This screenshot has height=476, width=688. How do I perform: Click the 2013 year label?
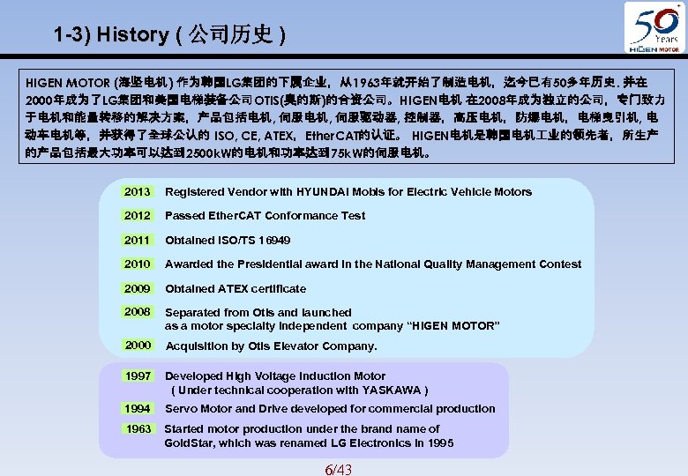pos(138,191)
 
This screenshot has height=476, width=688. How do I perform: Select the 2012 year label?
pos(138,215)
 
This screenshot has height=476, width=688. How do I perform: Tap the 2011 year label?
pos(138,240)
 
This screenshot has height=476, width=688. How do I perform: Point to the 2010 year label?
pos(138,264)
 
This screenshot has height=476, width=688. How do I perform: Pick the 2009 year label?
pos(138,288)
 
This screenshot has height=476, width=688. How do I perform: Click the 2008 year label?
pos(138,312)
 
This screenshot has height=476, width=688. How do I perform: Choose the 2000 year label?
pos(138,346)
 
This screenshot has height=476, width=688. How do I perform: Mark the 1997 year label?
pos(138,376)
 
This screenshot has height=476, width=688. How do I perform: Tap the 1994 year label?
pos(138,408)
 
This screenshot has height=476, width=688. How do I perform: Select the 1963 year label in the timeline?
pos(138,429)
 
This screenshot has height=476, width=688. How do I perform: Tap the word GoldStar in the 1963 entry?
pos(188,443)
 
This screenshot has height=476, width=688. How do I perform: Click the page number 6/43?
pos(338,468)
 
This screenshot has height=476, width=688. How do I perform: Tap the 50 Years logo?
pos(653,26)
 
